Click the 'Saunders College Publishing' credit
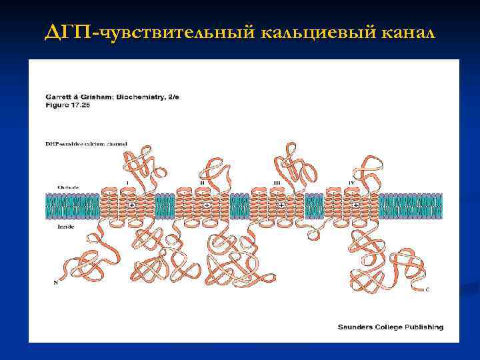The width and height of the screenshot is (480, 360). (x=390, y=327)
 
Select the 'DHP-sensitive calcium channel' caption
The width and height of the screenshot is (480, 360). (x=86, y=144)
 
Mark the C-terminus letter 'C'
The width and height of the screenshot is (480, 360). (x=427, y=289)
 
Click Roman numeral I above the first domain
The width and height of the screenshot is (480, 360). (x=127, y=181)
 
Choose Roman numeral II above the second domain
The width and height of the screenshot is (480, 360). (x=202, y=181)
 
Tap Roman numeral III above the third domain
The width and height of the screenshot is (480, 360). (x=277, y=181)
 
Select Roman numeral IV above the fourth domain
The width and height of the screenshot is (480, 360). (x=351, y=181)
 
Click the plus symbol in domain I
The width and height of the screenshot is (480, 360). (x=132, y=205)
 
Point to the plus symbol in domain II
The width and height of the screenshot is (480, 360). (x=207, y=205)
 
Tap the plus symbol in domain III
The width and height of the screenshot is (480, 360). (x=281, y=205)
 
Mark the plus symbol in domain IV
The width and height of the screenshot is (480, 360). (x=356, y=205)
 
